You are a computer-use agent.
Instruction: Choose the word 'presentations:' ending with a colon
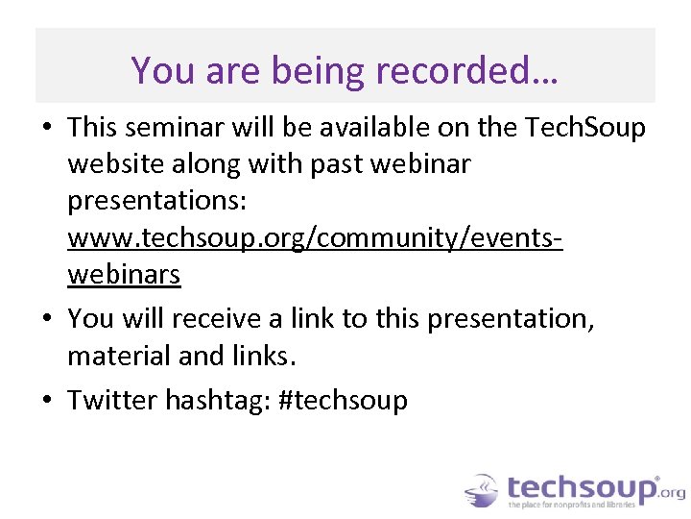(157, 200)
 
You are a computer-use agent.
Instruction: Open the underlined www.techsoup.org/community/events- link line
(315, 237)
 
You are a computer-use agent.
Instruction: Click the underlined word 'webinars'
(124, 274)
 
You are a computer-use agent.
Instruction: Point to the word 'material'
(119, 356)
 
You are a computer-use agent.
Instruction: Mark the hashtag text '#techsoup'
(343, 399)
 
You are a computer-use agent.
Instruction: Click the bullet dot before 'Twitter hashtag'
(47, 400)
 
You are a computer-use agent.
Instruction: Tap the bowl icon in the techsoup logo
(483, 490)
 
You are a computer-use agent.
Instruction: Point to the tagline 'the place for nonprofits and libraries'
(573, 505)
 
